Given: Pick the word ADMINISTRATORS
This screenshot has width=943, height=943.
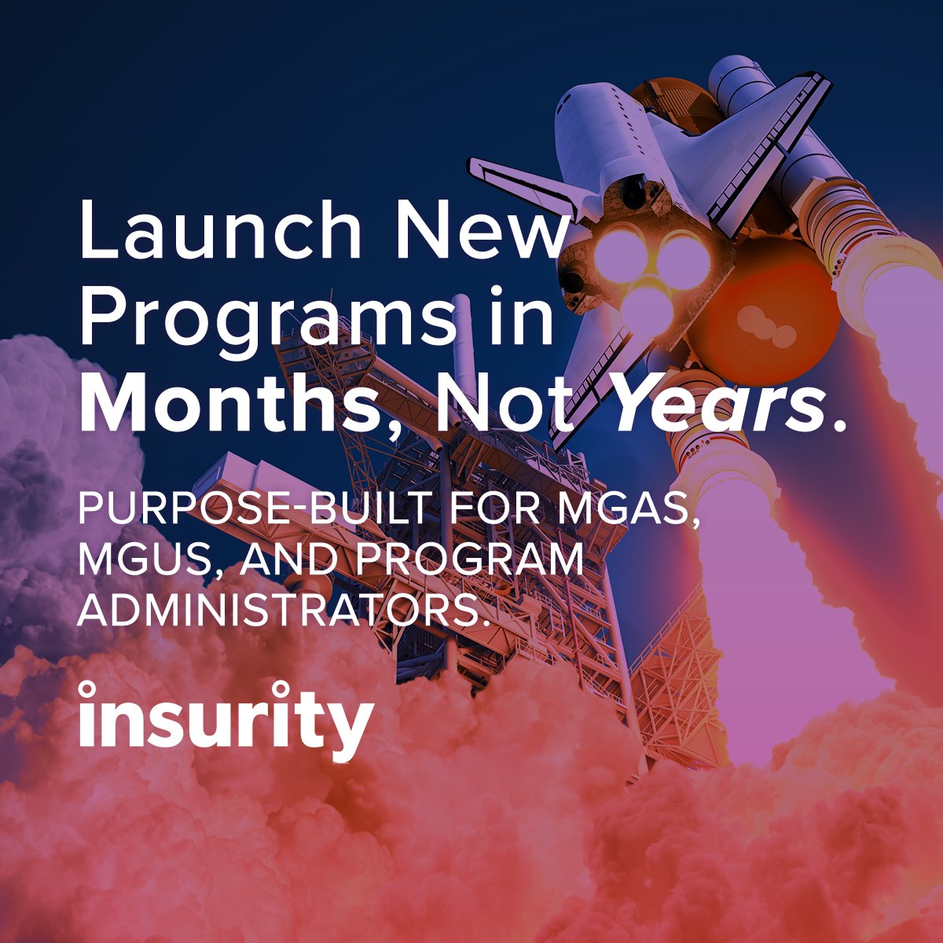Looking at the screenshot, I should [279, 609].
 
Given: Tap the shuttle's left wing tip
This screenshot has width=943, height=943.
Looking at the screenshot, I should [476, 165].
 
